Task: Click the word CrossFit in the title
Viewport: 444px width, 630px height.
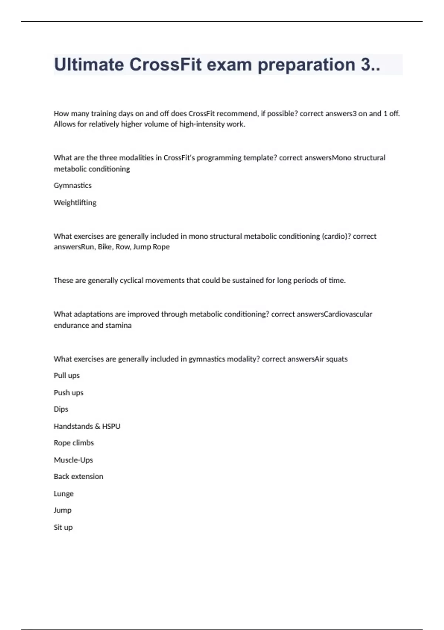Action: click(165, 64)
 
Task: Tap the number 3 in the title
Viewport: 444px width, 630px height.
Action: click(366, 64)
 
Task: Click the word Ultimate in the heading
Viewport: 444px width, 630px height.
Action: click(89, 64)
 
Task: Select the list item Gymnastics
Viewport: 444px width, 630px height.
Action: click(73, 185)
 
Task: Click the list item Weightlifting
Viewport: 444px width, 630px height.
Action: click(75, 202)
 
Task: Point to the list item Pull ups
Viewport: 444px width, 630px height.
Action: click(67, 375)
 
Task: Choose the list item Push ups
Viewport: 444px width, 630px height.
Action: click(68, 392)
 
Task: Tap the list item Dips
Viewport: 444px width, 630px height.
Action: click(61, 409)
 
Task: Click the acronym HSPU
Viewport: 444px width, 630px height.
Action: click(111, 426)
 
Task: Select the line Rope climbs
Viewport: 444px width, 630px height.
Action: click(74, 443)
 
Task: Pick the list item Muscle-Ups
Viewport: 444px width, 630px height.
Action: click(73, 460)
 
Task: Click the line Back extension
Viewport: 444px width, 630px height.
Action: click(78, 477)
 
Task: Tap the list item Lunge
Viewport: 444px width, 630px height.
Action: click(64, 494)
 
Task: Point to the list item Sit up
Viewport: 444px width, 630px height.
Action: click(63, 527)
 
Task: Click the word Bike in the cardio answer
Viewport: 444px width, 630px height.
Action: click(105, 247)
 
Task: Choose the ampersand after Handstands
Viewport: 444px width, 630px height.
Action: click(97, 426)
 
